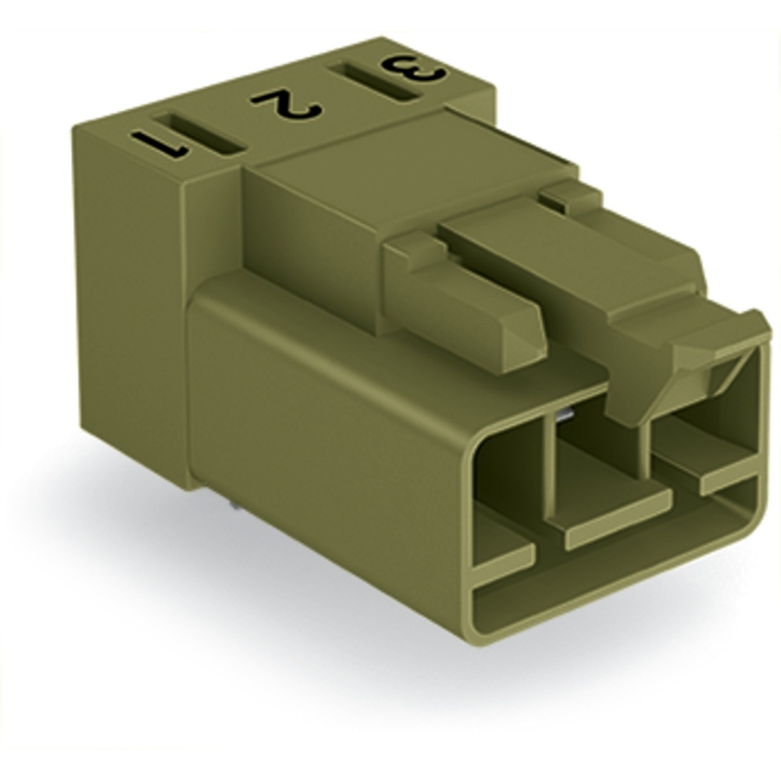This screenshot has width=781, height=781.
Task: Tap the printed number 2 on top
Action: pos(286,105)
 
